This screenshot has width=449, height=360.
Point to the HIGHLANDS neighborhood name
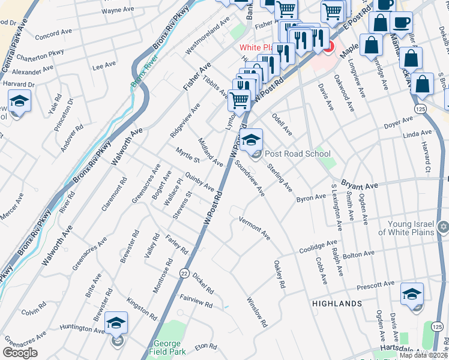(x=337, y=304)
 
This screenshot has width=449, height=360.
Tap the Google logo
(x=20, y=353)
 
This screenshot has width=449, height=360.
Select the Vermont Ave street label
(x=254, y=228)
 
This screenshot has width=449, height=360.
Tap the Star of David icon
(x=444, y=227)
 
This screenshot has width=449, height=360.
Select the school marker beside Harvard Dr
(x=19, y=102)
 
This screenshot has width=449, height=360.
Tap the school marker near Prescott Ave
(x=412, y=295)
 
